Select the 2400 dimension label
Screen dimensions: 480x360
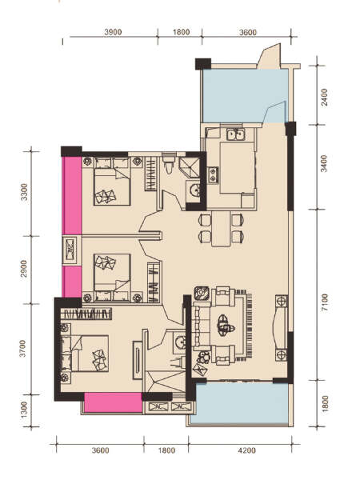324,98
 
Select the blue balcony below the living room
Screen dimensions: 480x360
240,404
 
